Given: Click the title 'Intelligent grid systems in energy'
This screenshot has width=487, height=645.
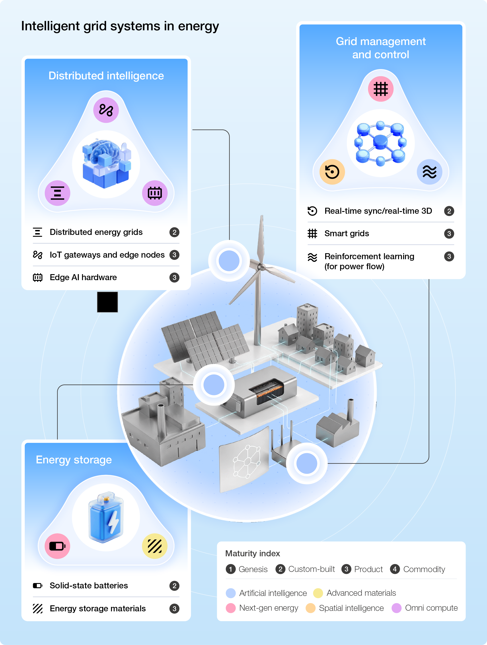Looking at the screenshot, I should point(120,26).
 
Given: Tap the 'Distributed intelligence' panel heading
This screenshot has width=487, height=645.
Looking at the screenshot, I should point(106,76).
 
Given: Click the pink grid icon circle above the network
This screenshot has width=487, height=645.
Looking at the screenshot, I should point(380,89).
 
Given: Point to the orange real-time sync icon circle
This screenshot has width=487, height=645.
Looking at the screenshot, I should point(332,172).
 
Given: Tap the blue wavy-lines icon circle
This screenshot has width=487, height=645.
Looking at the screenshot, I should point(429,172).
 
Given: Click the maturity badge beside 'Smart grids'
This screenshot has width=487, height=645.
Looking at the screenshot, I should point(449,234).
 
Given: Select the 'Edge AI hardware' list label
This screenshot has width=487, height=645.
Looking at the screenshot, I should point(83,277).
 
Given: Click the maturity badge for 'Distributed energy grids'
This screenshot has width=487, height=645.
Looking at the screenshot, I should point(174,232).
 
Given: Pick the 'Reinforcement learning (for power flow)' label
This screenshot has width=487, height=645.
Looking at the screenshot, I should point(369,261).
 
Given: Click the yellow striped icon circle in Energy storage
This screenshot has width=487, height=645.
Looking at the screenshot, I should point(154,546).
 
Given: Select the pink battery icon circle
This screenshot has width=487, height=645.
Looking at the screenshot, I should point(58,546).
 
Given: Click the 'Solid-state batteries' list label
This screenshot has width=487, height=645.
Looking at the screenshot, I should point(89,585).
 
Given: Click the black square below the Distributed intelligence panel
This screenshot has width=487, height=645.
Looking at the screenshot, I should point(107,302).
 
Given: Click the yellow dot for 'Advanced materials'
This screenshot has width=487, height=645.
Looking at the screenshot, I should point(318,593).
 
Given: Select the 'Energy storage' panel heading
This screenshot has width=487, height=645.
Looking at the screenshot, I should point(74,460).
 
